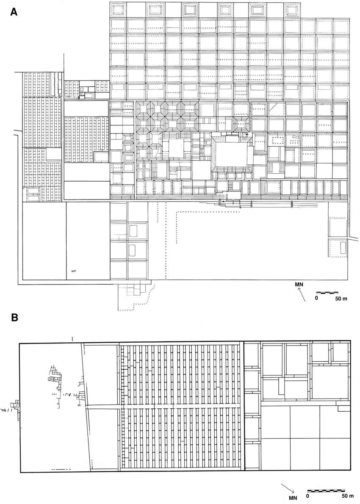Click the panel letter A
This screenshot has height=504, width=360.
[14, 12]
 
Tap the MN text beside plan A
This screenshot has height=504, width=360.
[299, 285]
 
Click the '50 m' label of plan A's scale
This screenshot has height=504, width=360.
[341, 299]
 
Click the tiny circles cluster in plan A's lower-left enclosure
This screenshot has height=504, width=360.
[73, 271]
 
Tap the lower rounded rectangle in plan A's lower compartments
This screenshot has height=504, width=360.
[132, 250]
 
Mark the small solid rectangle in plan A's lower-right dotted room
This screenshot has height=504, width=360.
[343, 248]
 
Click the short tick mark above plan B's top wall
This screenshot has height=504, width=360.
[73, 338]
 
